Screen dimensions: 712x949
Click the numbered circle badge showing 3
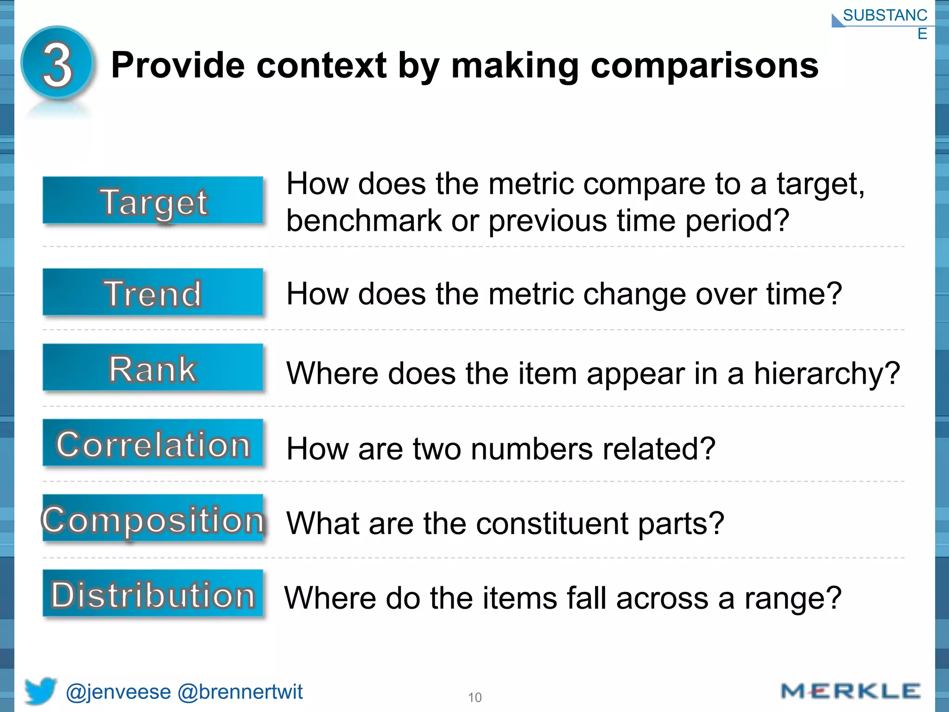[x=58, y=64]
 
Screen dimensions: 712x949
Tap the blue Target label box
[x=153, y=201]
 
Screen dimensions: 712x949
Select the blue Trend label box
[x=153, y=293]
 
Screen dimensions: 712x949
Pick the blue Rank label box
[x=153, y=369]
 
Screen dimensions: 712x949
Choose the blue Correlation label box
[x=153, y=444]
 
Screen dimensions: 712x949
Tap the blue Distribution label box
[x=153, y=594]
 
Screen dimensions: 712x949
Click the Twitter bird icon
[x=40, y=691]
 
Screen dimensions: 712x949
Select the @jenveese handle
[x=119, y=692]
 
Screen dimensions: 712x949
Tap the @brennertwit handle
[x=240, y=692]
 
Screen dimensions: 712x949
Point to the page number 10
[x=474, y=698]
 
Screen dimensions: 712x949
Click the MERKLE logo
[x=850, y=691]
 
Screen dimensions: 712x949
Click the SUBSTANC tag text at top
[x=885, y=15]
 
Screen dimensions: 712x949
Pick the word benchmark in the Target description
[x=364, y=220]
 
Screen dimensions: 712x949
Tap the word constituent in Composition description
[x=551, y=523]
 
